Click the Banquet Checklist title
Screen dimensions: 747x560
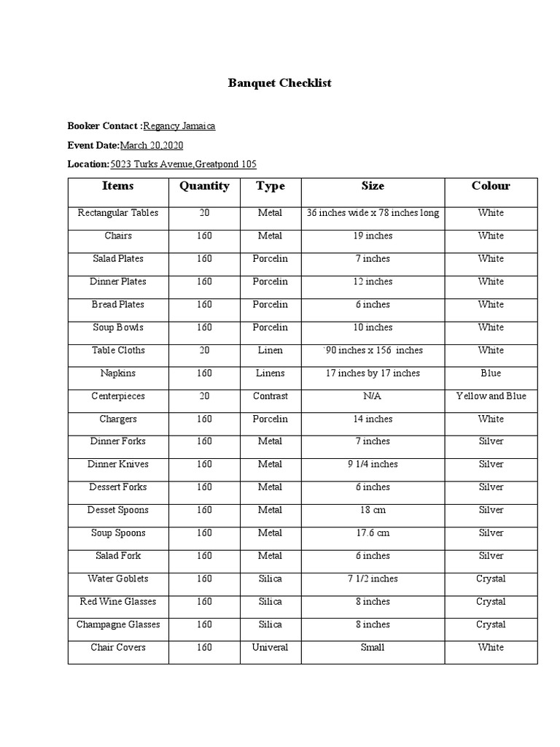[x=280, y=83]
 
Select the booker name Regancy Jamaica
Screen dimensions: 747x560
[x=179, y=126]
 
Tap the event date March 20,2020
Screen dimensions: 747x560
[x=152, y=145]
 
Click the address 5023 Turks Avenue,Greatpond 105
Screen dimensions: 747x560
[x=183, y=164]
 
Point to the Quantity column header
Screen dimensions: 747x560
[x=204, y=186]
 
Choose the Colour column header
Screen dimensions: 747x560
[x=491, y=186]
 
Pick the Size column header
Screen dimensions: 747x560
[x=373, y=186]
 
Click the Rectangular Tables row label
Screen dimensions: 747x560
[x=118, y=213]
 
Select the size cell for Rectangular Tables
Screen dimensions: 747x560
[x=373, y=213]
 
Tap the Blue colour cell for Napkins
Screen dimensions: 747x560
[x=491, y=373]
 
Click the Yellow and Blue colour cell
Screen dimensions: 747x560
[x=491, y=396]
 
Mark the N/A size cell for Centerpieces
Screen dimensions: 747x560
[x=373, y=396]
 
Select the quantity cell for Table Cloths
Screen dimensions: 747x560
[x=204, y=350]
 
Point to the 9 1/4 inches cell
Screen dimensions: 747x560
[x=373, y=464]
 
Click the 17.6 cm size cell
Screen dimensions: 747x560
[x=373, y=533]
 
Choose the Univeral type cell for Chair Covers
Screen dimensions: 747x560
[x=270, y=647]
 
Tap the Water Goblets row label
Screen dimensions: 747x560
[x=118, y=578]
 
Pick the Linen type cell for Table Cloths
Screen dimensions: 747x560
[x=270, y=350]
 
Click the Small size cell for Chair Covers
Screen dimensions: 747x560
[x=373, y=647]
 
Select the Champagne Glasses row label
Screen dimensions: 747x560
[x=118, y=624]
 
